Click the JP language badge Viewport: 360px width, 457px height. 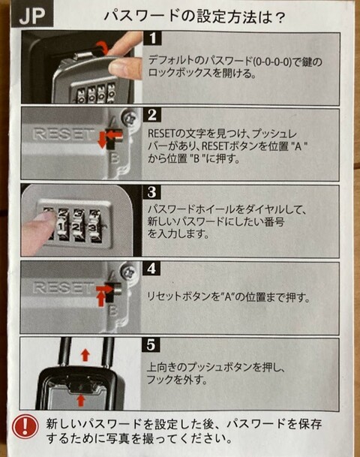32,16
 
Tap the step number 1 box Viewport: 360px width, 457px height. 152,38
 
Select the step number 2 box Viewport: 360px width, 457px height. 152,115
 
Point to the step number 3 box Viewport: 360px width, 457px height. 152,192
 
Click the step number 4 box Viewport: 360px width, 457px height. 151,268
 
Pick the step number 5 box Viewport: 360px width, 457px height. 151,345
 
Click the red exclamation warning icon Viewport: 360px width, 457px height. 25,426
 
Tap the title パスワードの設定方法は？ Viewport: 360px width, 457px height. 194,17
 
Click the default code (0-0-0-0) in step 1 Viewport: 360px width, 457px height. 272,62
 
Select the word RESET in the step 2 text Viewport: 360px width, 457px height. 162,134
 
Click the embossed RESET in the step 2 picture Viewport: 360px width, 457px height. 62,134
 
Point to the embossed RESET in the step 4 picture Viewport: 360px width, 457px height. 62,287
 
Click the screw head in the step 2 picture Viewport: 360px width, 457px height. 128,119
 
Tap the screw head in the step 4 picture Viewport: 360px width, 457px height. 127,272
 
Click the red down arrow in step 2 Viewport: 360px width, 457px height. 102,140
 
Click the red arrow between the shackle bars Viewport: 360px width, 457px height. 85,355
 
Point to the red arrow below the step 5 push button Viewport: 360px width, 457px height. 81,400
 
